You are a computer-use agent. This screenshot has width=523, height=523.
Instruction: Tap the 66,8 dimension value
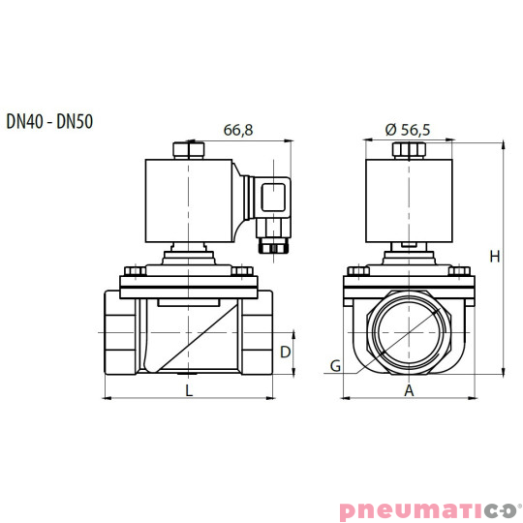(238, 130)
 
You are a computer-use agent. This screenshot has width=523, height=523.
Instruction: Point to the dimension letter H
(495, 257)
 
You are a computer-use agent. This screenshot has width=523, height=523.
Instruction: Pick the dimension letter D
(286, 352)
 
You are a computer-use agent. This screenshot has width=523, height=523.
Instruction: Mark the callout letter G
(335, 366)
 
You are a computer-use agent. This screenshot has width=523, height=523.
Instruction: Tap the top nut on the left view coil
(188, 149)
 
